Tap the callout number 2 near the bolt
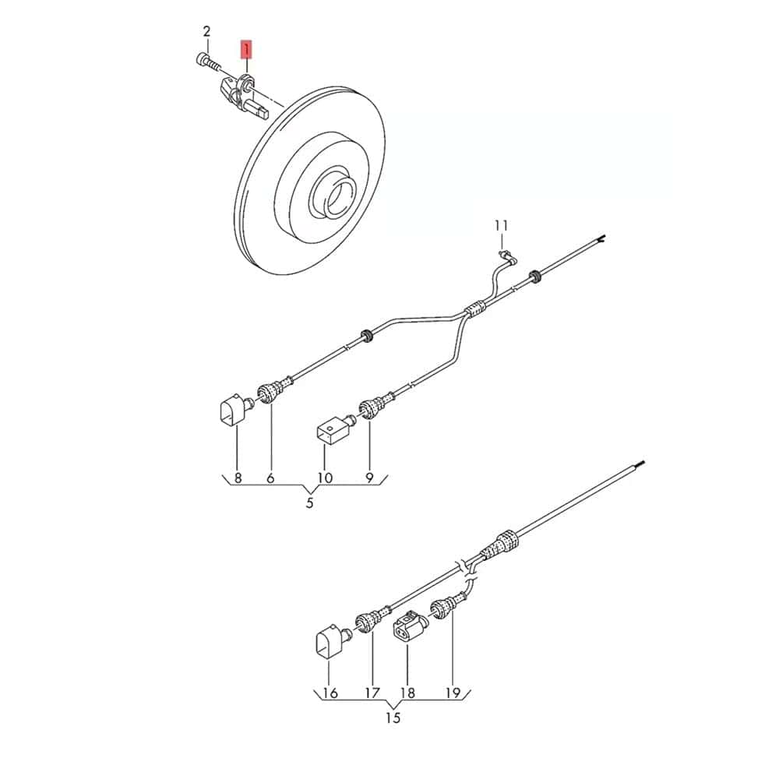tap(206, 32)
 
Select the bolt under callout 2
tap(208, 62)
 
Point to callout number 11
tap(501, 226)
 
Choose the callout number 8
tap(238, 478)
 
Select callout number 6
tap(270, 478)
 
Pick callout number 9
tap(369, 478)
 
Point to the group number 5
tap(309, 502)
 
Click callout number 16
tap(330, 693)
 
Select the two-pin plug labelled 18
tap(411, 627)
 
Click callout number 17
tap(372, 693)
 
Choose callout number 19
tap(453, 693)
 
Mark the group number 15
tap(393, 718)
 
